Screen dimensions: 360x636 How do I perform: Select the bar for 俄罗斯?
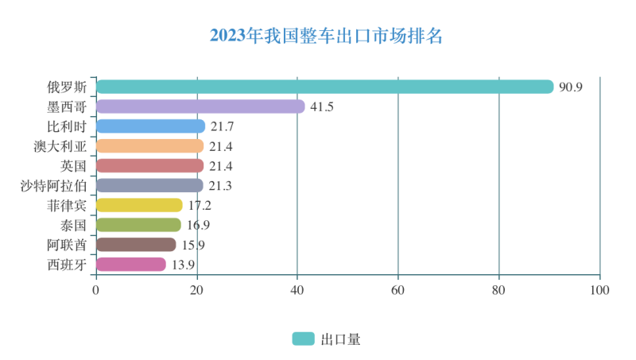pyautogui.click(x=324, y=87)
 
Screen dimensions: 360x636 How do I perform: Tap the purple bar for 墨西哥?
pyautogui.click(x=200, y=106)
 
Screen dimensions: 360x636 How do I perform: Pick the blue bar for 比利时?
pyautogui.click(x=150, y=126)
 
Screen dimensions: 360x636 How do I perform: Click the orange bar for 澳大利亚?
pyautogui.click(x=149, y=146)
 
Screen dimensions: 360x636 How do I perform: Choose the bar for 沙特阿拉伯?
pyautogui.click(x=149, y=185)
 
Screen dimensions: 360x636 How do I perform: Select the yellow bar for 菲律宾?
pyautogui.click(x=139, y=205)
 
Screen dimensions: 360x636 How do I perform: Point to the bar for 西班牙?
pyautogui.click(x=131, y=265)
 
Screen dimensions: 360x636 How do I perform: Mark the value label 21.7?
pyautogui.click(x=223, y=126)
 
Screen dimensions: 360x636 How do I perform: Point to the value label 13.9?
pyautogui.click(x=183, y=265)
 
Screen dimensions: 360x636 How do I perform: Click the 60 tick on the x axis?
pyautogui.click(x=398, y=290)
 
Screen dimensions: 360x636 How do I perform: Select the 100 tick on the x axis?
pyautogui.click(x=599, y=290)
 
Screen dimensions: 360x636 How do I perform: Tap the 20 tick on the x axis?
pyautogui.click(x=196, y=290)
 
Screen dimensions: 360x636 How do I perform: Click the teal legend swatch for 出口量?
pyautogui.click(x=303, y=339)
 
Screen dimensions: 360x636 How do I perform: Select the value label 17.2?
pyautogui.click(x=200, y=206)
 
